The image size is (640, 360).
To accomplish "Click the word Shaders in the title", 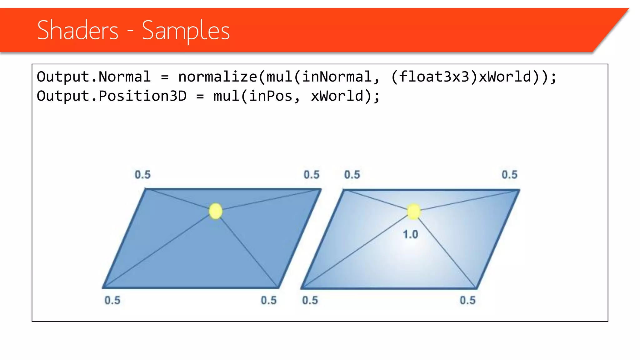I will (x=77, y=30).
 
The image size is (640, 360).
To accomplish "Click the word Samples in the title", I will (x=186, y=30).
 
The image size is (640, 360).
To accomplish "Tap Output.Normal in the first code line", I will (x=93, y=77).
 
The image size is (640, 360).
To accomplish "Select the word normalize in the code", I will (x=217, y=77).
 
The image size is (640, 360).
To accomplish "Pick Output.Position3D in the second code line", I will (x=112, y=96).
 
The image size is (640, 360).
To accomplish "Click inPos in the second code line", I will (x=271, y=96).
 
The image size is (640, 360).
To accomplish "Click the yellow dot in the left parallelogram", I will (x=216, y=211).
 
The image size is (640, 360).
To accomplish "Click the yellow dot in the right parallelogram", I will (x=414, y=212).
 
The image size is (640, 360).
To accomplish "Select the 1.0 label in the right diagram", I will (x=410, y=234).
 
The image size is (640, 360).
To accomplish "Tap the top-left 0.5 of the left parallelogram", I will (x=142, y=175).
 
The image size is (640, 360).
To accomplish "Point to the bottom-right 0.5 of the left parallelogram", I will (x=269, y=300).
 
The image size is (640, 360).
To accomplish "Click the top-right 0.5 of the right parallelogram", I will (x=509, y=175).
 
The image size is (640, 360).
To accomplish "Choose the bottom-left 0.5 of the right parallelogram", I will (x=310, y=300).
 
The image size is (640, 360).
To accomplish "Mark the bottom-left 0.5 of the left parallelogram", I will (x=112, y=300).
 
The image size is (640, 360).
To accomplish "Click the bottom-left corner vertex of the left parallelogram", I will (x=103, y=287).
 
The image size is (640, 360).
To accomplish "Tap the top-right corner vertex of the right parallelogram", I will (x=518, y=190).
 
